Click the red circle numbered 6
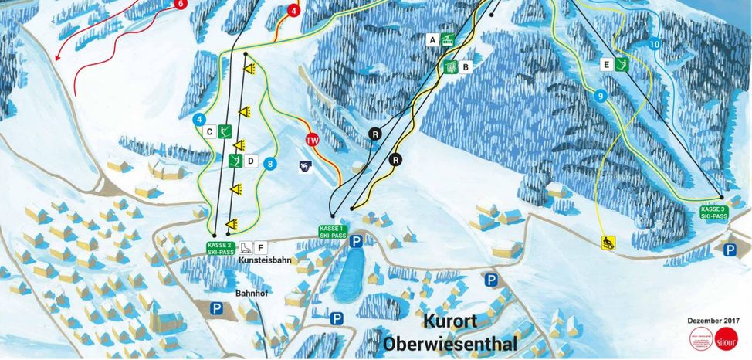click(181, 4)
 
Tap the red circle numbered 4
click(293, 11)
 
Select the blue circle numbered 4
click(199, 119)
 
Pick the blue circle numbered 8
click(269, 163)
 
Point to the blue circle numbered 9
click(600, 96)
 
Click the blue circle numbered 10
click(655, 45)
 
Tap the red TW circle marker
click(312, 141)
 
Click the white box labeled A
click(432, 39)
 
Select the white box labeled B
click(466, 67)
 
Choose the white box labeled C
click(209, 132)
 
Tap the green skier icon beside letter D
click(235, 161)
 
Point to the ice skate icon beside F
click(245, 248)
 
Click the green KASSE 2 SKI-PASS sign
click(220, 248)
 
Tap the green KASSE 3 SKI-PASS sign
click(713, 213)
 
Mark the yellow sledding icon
click(608, 243)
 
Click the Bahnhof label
click(251, 294)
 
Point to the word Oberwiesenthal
click(449, 342)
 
